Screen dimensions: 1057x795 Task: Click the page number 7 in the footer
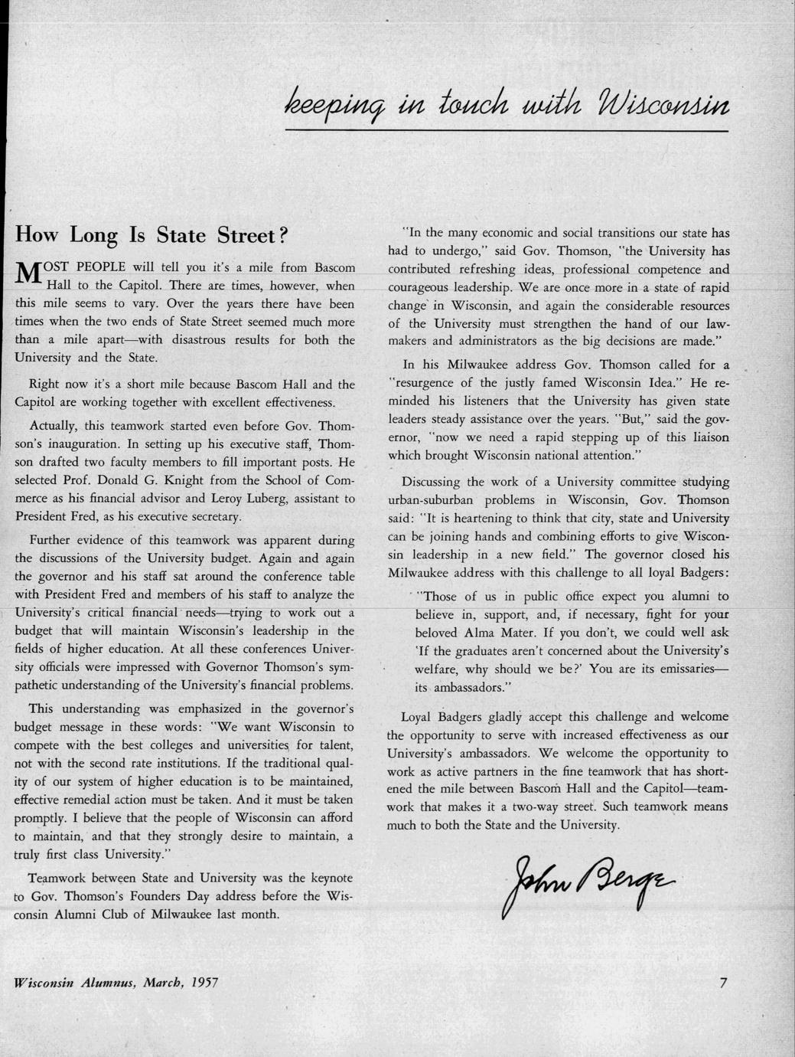[723, 983]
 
